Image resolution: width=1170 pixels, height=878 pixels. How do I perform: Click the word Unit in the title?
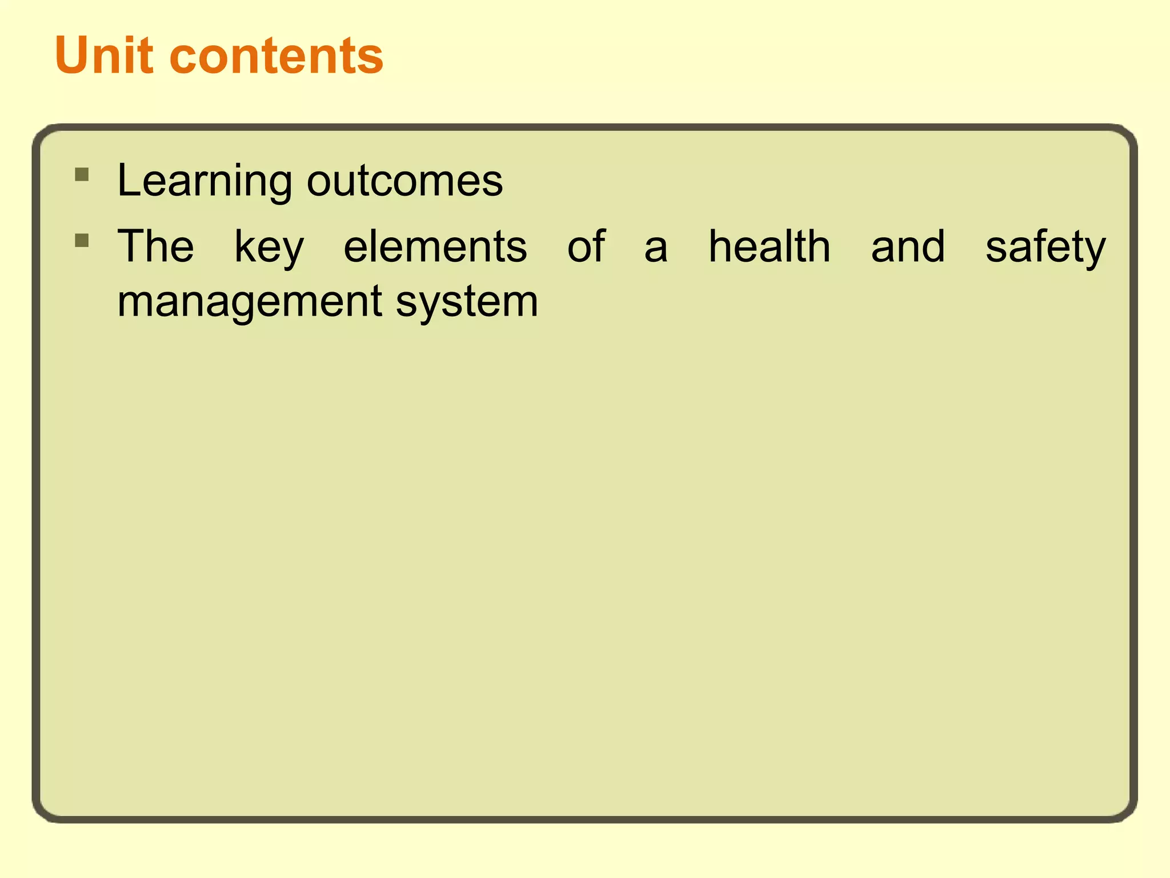104,55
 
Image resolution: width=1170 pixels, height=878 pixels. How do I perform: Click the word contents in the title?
276,57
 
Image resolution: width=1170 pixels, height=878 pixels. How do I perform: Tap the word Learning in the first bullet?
205,181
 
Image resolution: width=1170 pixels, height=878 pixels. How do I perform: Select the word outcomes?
404,181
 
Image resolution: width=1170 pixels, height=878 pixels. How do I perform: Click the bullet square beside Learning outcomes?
82,174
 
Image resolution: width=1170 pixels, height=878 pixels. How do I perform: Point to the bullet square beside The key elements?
82,240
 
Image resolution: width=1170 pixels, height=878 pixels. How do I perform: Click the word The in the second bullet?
155,246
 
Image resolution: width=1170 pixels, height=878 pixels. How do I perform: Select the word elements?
435,246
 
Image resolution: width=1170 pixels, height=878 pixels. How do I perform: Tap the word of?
586,246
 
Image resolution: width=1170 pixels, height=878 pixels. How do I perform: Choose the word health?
769,246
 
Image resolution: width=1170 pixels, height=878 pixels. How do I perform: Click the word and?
908,246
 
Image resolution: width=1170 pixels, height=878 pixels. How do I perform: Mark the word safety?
1045,248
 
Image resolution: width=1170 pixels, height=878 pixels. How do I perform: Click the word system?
467,302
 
